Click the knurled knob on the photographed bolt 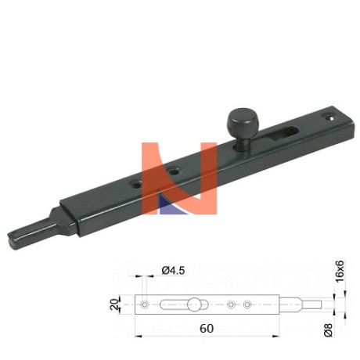242,123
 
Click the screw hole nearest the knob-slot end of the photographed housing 329,117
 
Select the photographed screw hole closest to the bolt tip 135,185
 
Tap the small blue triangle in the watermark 171,205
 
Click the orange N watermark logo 179,178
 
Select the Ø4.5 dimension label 173,270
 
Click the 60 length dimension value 207,329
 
